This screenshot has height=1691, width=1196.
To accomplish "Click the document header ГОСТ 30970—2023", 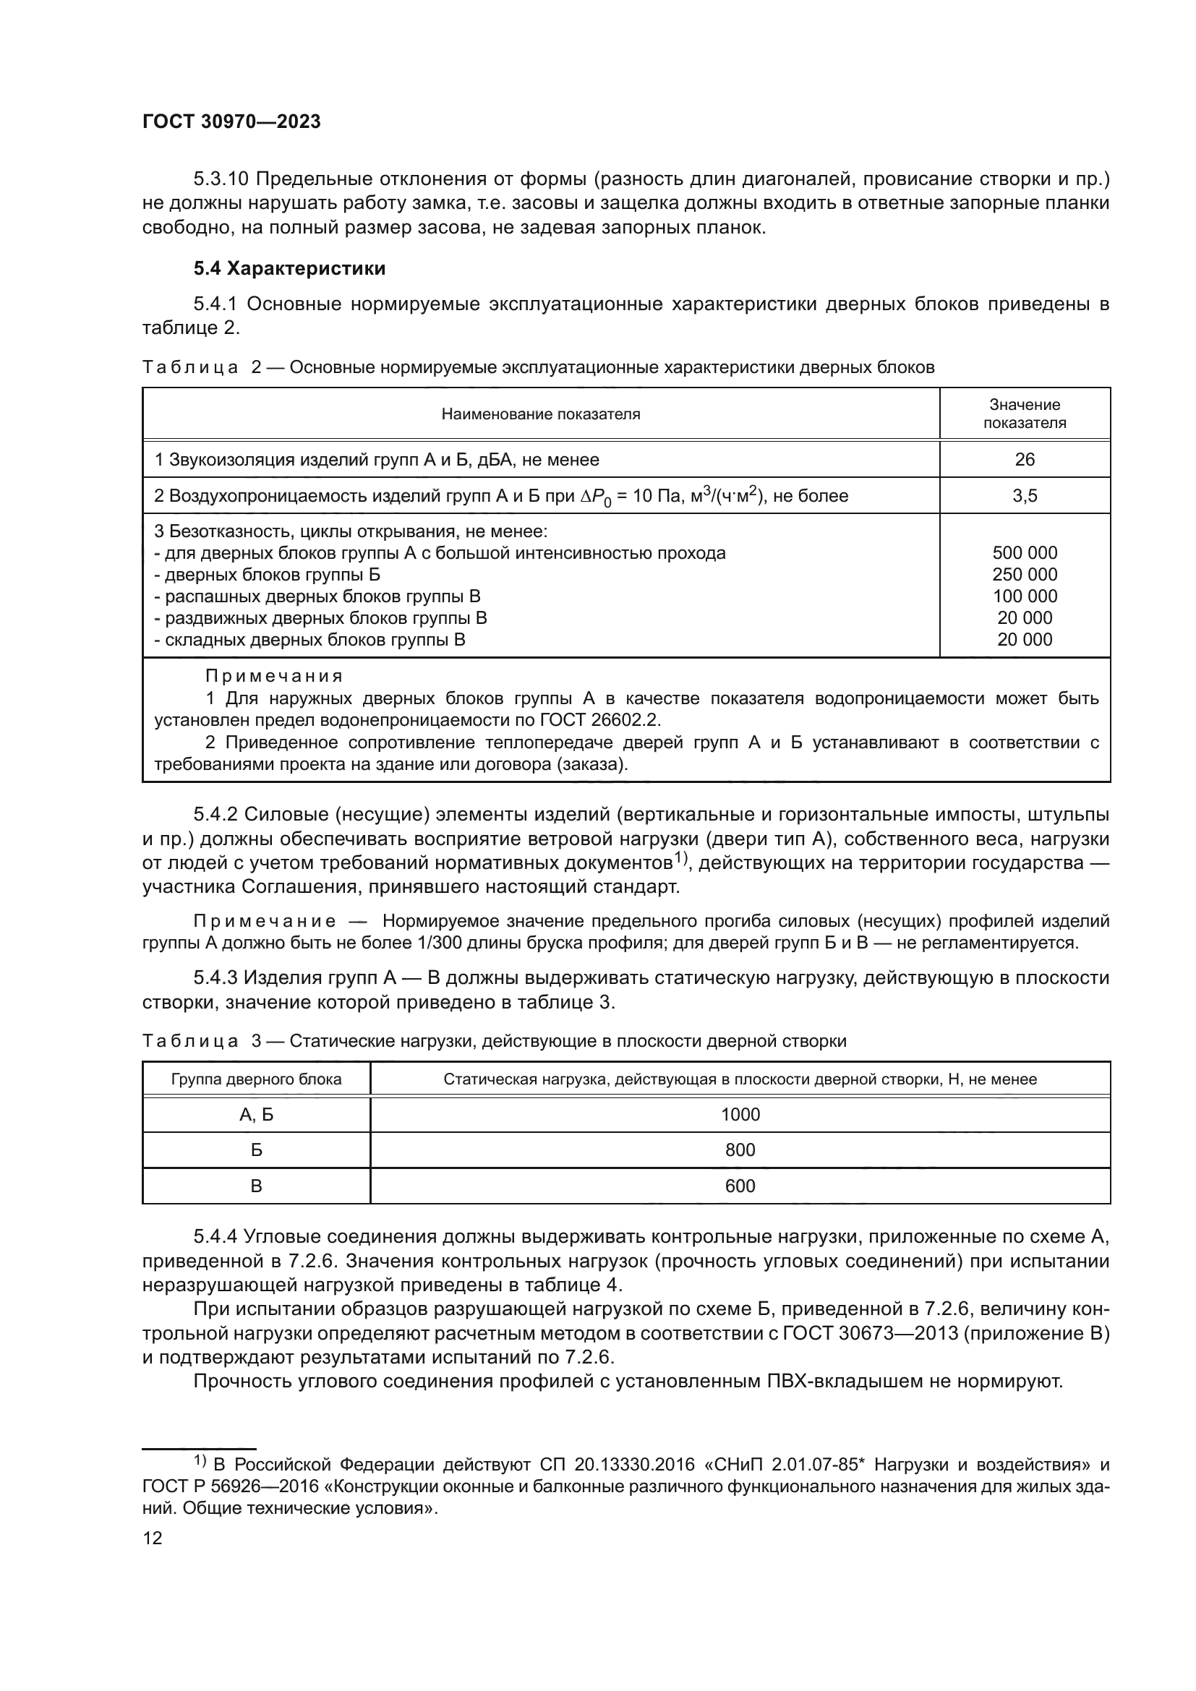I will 231,122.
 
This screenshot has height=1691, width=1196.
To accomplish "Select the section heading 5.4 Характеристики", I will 289,269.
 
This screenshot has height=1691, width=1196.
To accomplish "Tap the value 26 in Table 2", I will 1025,460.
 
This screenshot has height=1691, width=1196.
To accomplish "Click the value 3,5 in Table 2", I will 1025,496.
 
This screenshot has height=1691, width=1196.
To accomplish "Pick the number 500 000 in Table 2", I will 1025,553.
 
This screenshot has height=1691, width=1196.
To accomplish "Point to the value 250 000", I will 1025,575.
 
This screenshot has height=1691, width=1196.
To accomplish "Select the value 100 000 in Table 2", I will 1025,596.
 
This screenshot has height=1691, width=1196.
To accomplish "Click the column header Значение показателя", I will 1025,414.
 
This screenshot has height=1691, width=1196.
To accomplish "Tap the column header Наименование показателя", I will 541,414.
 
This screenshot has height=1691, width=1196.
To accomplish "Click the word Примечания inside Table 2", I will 274,676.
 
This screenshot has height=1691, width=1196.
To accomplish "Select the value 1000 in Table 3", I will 740,1114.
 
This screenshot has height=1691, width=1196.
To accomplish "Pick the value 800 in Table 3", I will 740,1150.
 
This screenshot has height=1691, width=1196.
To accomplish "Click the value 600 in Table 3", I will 740,1186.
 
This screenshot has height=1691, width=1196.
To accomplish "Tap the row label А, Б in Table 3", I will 256,1115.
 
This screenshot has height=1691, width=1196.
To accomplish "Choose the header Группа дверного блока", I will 256,1079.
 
